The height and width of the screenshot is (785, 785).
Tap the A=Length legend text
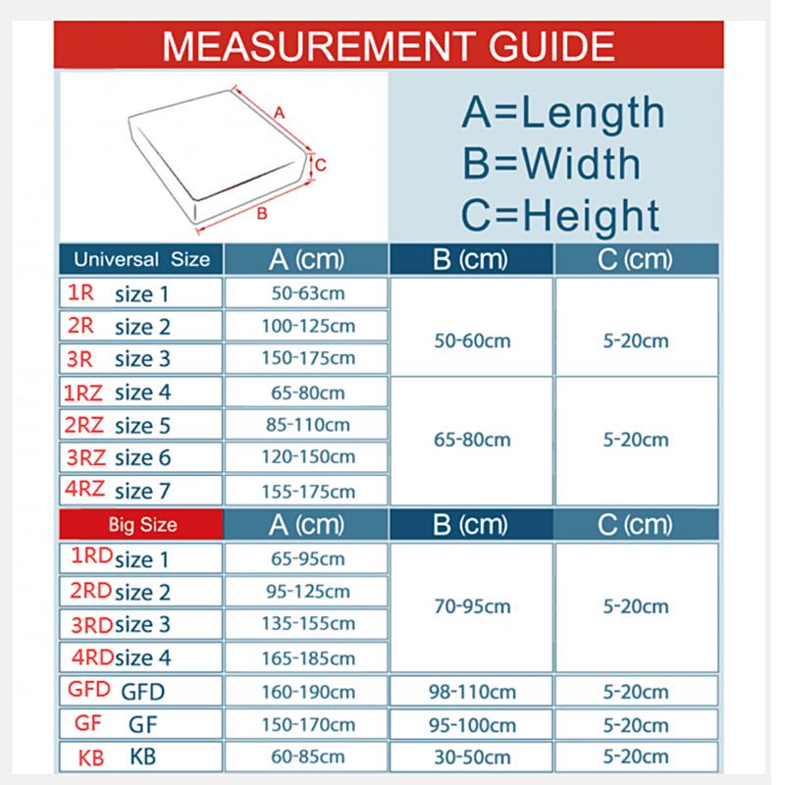tap(562, 113)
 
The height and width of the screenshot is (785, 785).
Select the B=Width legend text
tap(551, 164)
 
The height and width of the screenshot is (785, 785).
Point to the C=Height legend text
tap(560, 215)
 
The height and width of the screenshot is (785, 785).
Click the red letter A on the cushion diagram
tap(280, 113)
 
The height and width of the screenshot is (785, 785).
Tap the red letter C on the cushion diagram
tap(321, 165)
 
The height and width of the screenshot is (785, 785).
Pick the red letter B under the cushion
tap(262, 211)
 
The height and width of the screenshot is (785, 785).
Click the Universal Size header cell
tap(142, 260)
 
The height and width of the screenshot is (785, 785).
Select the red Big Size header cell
tap(142, 525)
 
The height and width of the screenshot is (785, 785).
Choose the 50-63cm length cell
tap(307, 292)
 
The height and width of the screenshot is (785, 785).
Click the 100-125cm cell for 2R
tap(307, 326)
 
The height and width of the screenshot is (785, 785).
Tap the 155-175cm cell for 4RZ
tap(307, 490)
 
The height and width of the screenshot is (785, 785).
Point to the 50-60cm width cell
tap(472, 341)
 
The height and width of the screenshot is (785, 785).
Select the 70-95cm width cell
tap(472, 606)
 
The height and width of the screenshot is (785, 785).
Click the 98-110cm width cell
tap(472, 692)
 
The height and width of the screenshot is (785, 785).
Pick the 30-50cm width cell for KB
tap(472, 758)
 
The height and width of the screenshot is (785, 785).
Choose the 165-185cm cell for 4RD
tap(307, 656)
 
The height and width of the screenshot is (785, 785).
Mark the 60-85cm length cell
tap(307, 757)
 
